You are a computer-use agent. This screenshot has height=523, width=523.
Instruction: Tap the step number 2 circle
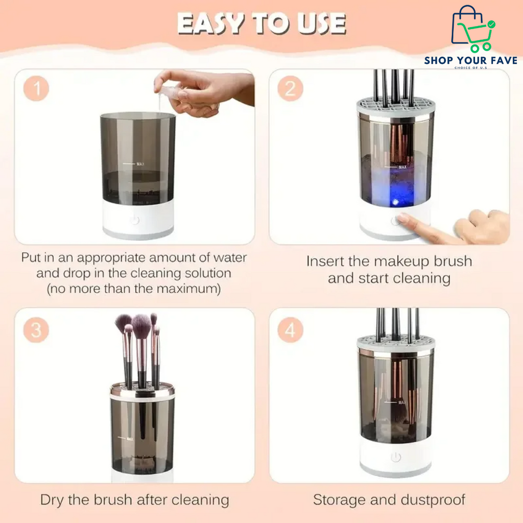(x=290, y=89)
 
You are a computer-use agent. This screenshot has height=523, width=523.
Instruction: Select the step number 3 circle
(x=36, y=330)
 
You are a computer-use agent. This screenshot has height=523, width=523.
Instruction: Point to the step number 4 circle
(x=290, y=330)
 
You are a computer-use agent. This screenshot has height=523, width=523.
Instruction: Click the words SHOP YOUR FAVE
(x=470, y=61)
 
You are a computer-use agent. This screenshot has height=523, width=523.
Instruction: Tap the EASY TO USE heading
(x=261, y=23)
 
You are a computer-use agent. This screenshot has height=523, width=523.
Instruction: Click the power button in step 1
(x=134, y=220)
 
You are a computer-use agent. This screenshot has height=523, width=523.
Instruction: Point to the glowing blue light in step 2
(x=394, y=202)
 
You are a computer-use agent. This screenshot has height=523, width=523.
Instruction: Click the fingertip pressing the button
(x=403, y=219)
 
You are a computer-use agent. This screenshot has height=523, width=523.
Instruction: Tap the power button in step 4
(x=396, y=457)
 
